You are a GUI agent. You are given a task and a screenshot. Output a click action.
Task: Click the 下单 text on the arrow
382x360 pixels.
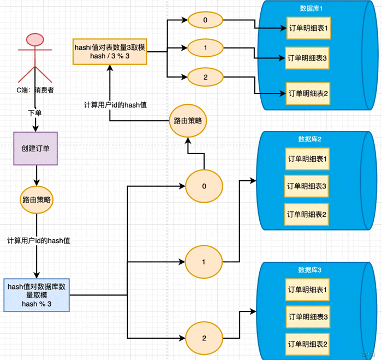(x=35, y=113)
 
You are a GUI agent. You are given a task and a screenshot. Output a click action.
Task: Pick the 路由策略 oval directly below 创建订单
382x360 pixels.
(x=36, y=199)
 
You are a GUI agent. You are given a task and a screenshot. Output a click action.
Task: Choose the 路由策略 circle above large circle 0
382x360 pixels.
(x=188, y=121)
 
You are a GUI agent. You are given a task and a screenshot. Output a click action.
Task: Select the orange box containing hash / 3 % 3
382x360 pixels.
(x=110, y=51)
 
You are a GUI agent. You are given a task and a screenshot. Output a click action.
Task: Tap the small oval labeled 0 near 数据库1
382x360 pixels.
(x=205, y=20)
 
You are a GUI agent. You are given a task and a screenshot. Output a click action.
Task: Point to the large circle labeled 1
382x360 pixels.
(x=204, y=262)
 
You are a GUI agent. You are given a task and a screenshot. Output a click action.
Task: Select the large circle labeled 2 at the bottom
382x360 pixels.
(x=204, y=338)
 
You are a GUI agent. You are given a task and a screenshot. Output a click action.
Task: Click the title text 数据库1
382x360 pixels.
(x=311, y=8)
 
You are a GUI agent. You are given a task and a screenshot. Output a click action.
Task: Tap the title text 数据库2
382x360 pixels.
(x=310, y=139)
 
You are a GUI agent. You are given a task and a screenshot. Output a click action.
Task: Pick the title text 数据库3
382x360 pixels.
(x=309, y=270)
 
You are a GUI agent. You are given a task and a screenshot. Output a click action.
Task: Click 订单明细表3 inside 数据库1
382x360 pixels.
(x=307, y=57)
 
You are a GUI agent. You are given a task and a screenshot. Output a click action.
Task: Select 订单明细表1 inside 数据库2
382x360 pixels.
(x=307, y=159)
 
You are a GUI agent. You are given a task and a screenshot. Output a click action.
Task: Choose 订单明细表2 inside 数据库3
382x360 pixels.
(x=307, y=344)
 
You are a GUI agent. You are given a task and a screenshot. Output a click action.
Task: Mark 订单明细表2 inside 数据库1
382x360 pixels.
(x=307, y=93)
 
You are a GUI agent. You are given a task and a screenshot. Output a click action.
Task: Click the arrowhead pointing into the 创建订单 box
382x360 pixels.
(x=35, y=129)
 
